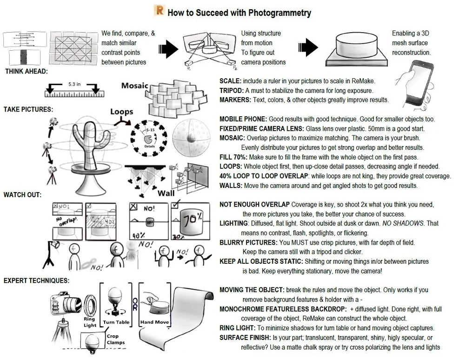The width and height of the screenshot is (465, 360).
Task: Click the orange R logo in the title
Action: [x=159, y=11]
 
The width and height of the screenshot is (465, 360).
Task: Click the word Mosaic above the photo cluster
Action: [x=135, y=86]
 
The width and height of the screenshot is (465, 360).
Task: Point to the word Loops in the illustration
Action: [x=122, y=112]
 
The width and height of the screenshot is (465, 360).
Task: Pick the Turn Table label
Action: [x=116, y=322]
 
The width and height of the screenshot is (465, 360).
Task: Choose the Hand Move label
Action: [x=155, y=322]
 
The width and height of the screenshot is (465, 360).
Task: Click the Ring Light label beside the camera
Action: [x=90, y=322]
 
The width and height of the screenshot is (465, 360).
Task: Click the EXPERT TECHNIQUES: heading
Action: [x=36, y=280]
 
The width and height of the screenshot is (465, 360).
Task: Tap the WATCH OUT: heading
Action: [x=22, y=194]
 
